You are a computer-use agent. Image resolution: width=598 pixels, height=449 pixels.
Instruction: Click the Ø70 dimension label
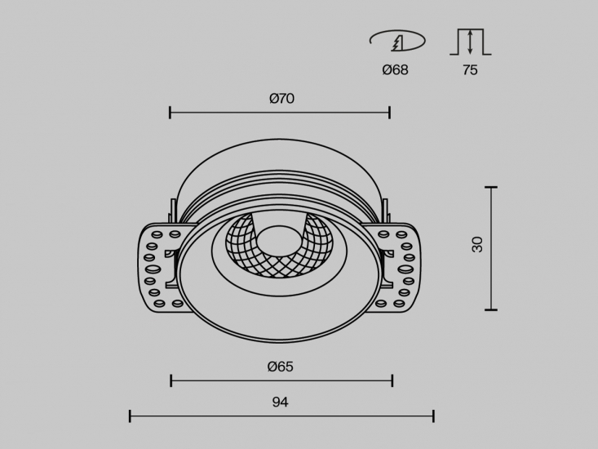tap(281, 99)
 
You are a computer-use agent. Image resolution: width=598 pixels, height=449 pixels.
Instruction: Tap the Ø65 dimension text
tap(281, 367)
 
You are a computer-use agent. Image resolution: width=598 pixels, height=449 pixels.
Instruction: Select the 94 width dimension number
tap(281, 402)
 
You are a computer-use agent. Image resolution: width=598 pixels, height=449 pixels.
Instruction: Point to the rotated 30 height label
tap(477, 245)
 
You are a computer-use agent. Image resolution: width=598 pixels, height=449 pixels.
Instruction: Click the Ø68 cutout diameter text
tap(395, 70)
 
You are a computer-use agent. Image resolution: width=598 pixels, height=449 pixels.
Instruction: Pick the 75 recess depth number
tap(470, 70)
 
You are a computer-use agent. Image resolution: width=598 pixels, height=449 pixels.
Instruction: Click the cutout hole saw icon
tap(397, 41)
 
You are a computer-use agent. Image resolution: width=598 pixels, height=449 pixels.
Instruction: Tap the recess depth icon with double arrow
tap(470, 42)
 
